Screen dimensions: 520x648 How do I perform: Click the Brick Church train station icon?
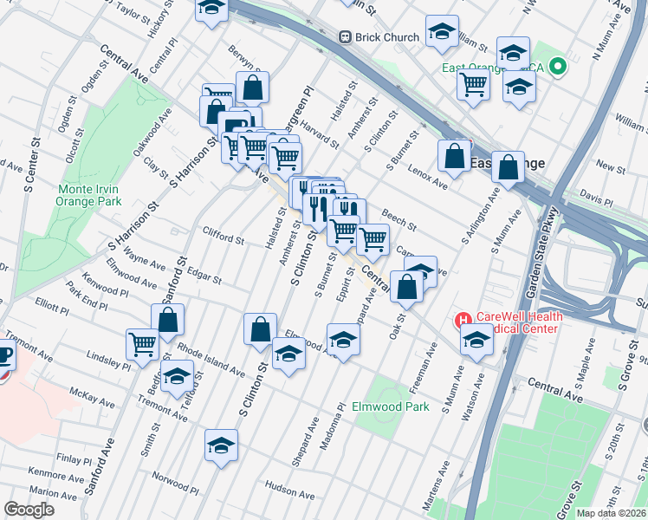[x=345, y=37]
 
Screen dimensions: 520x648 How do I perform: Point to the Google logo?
[x=29, y=510]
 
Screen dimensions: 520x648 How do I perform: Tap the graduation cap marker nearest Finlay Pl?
[x=221, y=445]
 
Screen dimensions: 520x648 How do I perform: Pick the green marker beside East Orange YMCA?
[x=559, y=66]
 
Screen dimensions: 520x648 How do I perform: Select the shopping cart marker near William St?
[x=474, y=84]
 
